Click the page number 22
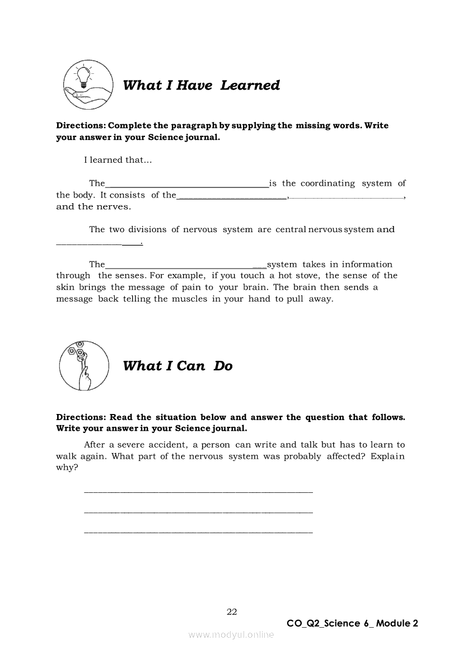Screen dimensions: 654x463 232,611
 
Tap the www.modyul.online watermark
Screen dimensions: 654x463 231,634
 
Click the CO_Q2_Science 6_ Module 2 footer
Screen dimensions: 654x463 352,623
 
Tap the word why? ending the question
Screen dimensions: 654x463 67,468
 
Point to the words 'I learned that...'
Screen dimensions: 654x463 118,160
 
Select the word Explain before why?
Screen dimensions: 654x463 387,457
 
